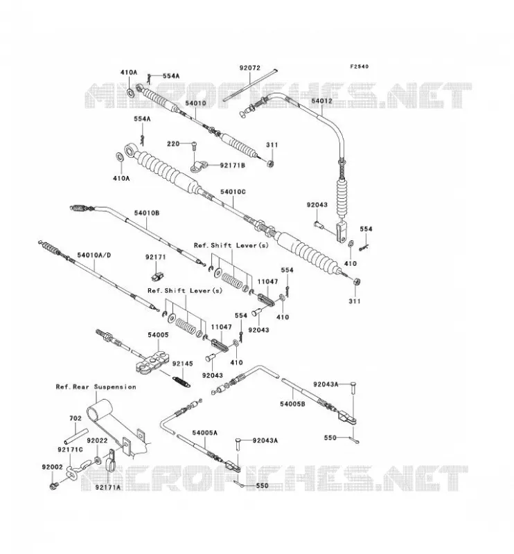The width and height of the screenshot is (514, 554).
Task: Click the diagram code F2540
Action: [359, 66]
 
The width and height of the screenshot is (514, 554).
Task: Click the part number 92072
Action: [249, 67]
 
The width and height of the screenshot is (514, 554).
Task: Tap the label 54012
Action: [321, 100]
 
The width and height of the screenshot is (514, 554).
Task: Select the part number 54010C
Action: [233, 192]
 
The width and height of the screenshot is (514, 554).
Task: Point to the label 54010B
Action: [147, 213]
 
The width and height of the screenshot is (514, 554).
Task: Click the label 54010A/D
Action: [94, 255]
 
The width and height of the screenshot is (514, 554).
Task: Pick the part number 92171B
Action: [233, 165]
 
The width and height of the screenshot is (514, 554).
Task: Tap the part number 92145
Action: [183, 364]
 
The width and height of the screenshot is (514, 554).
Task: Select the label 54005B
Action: [292, 404]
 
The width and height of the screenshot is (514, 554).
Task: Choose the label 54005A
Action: [205, 432]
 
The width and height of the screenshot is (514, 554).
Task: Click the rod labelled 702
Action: [76, 436]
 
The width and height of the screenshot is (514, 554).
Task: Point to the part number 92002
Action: [53, 467]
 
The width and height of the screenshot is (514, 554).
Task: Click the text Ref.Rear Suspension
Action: [96, 387]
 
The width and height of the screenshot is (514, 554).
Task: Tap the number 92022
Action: [97, 441]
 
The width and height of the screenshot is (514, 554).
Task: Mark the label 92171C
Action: [70, 449]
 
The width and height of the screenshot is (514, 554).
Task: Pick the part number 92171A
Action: [107, 488]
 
